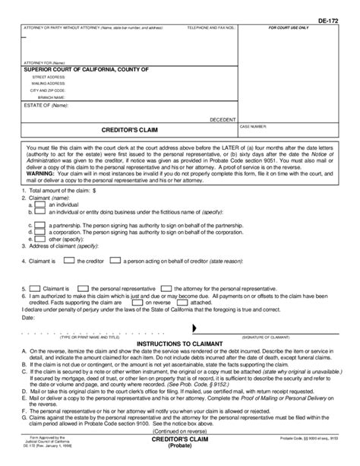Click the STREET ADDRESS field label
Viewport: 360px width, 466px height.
point(48,77)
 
